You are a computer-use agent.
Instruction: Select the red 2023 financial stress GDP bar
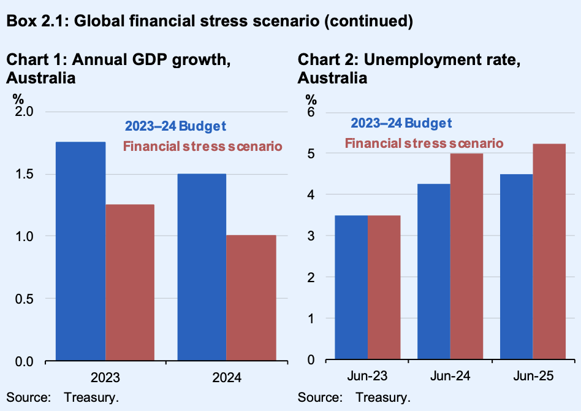click(x=130, y=282)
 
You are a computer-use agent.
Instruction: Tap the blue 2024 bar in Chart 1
click(x=202, y=266)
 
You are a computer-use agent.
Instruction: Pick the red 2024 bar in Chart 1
click(x=251, y=297)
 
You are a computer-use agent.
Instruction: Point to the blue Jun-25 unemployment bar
click(x=516, y=266)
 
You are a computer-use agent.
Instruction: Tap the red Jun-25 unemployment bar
click(x=549, y=251)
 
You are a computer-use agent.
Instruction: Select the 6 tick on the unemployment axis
click(x=311, y=112)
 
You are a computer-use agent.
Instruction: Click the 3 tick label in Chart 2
click(x=311, y=236)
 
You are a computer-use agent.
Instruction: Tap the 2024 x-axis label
click(x=226, y=377)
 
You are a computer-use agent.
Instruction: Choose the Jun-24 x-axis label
click(x=450, y=375)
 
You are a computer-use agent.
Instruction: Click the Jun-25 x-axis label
click(x=533, y=375)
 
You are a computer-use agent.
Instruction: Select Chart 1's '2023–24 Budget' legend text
click(x=176, y=126)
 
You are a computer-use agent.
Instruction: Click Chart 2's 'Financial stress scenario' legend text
click(x=424, y=143)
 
